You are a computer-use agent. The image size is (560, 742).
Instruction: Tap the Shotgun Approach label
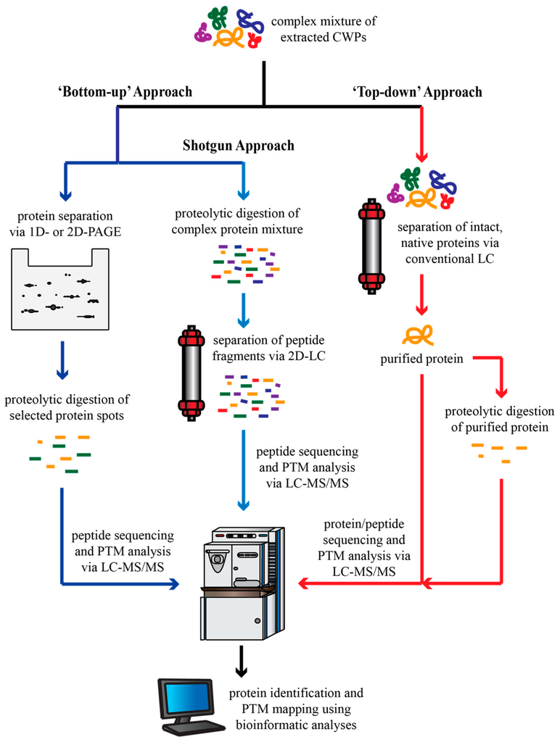click(x=239, y=146)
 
